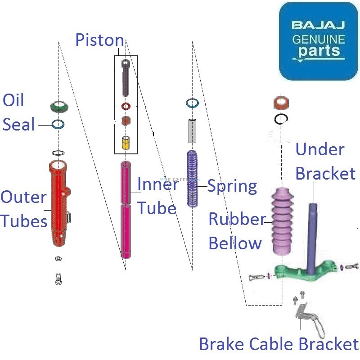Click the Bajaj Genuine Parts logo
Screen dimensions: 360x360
point(318,41)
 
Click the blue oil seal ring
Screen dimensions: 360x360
point(58,124)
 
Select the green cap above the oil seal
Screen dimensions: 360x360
point(58,107)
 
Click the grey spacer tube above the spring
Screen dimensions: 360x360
point(193,131)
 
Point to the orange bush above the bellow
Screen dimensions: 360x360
point(282,103)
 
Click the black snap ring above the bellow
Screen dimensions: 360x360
point(282,119)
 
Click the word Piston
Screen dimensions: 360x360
point(99,40)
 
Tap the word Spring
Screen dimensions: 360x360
point(232,186)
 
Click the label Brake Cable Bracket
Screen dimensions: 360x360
point(279,344)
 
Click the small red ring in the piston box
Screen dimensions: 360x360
point(126,106)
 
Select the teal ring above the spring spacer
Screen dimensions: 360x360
point(193,103)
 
